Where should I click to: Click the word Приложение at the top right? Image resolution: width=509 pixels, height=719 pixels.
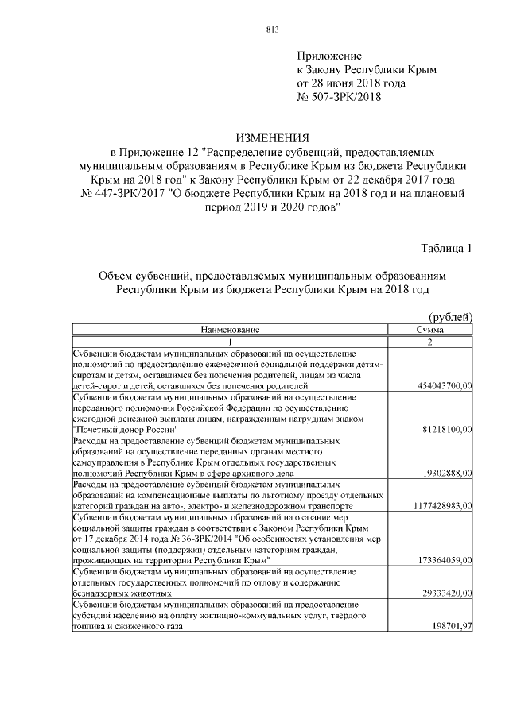(329, 56)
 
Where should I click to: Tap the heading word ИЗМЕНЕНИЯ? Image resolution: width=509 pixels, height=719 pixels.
(271, 138)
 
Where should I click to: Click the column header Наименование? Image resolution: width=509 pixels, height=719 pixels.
(230, 329)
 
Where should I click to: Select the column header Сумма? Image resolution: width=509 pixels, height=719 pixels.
(430, 329)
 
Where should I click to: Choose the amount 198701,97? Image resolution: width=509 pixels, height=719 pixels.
(450, 627)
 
